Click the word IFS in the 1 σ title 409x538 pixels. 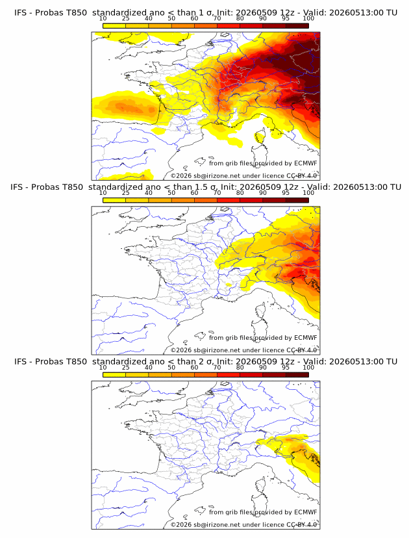(x=19, y=13)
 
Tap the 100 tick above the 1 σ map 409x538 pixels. (x=308, y=19)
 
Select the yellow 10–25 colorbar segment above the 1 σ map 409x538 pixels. (x=114, y=26)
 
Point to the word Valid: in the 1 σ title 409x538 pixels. (x=315, y=13)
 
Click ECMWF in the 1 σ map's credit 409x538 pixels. (x=306, y=163)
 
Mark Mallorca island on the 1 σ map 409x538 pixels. (x=200, y=161)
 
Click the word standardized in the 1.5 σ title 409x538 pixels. (x=116, y=187)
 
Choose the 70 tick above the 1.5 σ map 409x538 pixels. (x=217, y=193)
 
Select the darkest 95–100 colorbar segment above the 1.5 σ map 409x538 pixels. (x=297, y=200)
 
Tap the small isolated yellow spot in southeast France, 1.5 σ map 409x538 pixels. (x=229, y=285)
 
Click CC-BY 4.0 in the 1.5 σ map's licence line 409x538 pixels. (x=302, y=350)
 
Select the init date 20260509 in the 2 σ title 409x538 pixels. (x=257, y=362)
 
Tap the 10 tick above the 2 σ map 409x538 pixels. (x=103, y=368)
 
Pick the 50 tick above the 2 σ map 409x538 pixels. (x=171, y=368)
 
